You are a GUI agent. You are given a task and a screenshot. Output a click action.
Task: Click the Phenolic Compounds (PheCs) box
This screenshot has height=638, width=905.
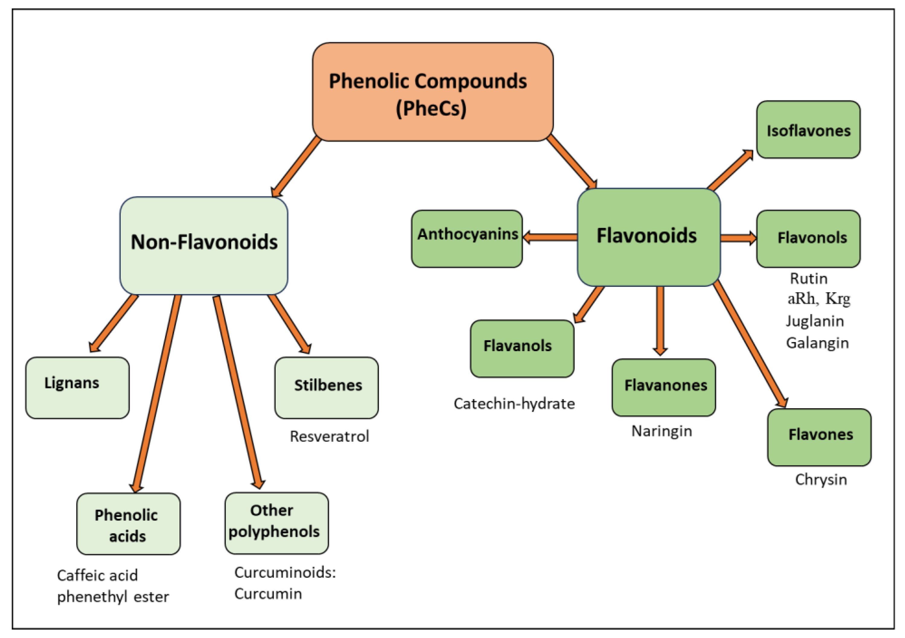tap(432, 92)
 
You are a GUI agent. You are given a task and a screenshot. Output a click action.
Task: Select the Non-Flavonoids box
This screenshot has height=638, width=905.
tap(204, 246)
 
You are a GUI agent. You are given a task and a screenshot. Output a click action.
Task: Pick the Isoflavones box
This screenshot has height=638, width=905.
tap(808, 130)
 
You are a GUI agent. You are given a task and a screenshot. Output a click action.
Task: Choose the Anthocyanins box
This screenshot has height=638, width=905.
tap(467, 238)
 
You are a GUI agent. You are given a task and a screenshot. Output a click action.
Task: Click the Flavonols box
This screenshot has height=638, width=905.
tap(808, 238)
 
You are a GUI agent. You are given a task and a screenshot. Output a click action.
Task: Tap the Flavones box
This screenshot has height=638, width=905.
tap(819, 437)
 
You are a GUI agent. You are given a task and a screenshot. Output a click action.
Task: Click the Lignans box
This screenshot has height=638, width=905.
tap(77, 388)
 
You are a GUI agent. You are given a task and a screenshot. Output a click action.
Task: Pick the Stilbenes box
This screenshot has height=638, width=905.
tap(327, 388)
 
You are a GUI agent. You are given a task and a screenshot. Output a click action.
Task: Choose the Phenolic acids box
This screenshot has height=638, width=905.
tap(128, 524)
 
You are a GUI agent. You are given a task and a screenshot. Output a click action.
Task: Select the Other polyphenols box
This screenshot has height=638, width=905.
tap(276, 523)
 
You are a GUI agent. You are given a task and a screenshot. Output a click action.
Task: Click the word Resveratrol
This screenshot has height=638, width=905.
tap(329, 436)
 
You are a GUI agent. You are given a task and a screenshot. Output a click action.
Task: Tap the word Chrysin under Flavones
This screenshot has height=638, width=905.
tap(821, 480)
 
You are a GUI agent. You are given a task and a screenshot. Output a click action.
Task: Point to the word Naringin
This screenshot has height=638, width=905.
tap(661, 431)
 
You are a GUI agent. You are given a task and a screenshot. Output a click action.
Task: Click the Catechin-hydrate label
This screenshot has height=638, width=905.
tap(514, 404)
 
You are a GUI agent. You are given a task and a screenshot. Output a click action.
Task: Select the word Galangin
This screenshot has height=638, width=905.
tap(817, 343)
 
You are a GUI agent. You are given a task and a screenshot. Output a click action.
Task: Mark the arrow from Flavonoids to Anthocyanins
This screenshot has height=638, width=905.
tap(550, 237)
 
